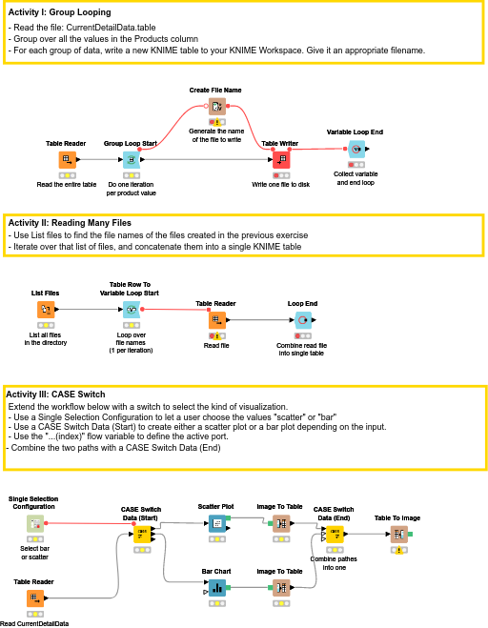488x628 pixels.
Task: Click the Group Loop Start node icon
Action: coord(131,160)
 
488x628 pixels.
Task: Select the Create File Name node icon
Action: coord(217,107)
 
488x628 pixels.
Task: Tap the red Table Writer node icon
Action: coord(281,160)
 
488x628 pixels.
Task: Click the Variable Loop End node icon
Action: coord(356,149)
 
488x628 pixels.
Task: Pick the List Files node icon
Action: coord(46,310)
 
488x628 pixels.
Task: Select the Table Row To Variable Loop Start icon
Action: coord(132,310)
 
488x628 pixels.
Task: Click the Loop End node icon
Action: coord(303,320)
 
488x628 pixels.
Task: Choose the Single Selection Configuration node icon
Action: coord(35,523)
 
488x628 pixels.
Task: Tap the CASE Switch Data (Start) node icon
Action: coord(142,535)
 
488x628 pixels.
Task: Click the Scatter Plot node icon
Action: coord(217,523)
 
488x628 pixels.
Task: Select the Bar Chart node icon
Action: coord(217,588)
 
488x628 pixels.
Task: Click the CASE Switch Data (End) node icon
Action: coord(335,535)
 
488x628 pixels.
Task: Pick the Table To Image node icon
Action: coord(399,535)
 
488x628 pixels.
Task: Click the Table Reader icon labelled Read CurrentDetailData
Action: coord(35,598)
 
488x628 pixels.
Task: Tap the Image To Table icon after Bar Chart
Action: coord(281,588)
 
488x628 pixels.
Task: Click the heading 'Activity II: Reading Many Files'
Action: coord(70,223)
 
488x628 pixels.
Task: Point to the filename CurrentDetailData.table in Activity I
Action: coord(111,28)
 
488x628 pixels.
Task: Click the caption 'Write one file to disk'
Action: coord(281,185)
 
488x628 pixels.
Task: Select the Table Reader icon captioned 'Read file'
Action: coord(217,320)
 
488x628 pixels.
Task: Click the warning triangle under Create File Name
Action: coord(217,122)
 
